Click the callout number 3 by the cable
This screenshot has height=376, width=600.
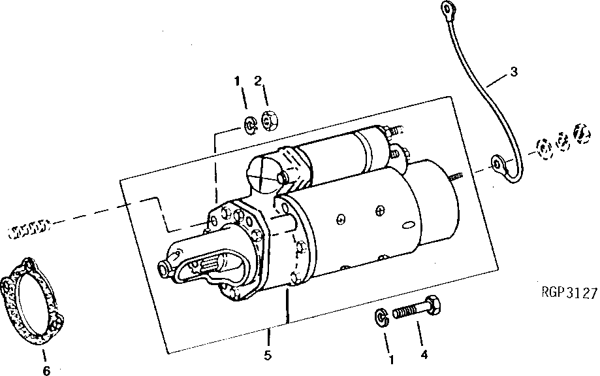(x=514, y=71)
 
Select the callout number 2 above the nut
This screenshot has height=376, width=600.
(x=258, y=81)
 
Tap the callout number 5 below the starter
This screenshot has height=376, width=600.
(x=268, y=356)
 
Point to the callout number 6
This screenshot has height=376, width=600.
(x=46, y=371)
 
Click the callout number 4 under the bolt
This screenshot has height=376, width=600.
(x=424, y=356)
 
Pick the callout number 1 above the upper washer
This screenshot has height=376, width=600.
(x=238, y=81)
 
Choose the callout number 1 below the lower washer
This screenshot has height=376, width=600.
(x=392, y=359)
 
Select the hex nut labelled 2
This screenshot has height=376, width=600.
(x=270, y=121)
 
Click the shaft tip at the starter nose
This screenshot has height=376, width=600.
(x=165, y=267)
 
